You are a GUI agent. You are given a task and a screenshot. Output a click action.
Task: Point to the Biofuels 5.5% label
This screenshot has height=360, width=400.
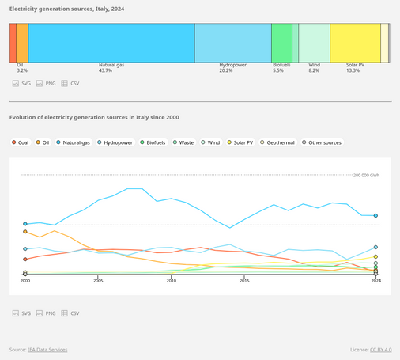tap(277, 71)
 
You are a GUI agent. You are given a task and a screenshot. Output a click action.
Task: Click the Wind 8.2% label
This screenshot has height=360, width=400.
tap(314, 71)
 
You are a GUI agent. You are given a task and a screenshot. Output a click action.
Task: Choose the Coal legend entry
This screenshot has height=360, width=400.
tap(21, 142)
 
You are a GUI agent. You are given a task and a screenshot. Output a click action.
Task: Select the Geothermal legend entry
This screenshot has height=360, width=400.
tap(277, 142)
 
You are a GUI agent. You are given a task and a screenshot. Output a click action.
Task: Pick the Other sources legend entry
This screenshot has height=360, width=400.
tap(321, 142)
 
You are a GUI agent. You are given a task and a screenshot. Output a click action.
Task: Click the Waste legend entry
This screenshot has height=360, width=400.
tap(183, 142)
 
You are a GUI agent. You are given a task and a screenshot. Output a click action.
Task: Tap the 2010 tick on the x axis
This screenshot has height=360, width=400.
tap(172, 281)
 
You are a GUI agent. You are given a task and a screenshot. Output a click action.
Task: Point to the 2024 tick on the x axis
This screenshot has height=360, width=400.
tap(376, 281)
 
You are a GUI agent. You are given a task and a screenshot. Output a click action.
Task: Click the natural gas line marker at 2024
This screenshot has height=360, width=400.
tap(376, 215)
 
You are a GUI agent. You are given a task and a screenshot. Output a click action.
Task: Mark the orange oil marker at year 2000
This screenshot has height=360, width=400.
tap(25, 232)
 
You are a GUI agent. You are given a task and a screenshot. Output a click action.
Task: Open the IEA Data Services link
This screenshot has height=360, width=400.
tap(48, 349)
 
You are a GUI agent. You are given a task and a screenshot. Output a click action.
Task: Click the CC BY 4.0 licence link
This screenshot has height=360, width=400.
tap(383, 349)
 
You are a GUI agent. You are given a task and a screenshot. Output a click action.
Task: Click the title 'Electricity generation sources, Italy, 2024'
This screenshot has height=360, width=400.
tap(66, 8)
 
